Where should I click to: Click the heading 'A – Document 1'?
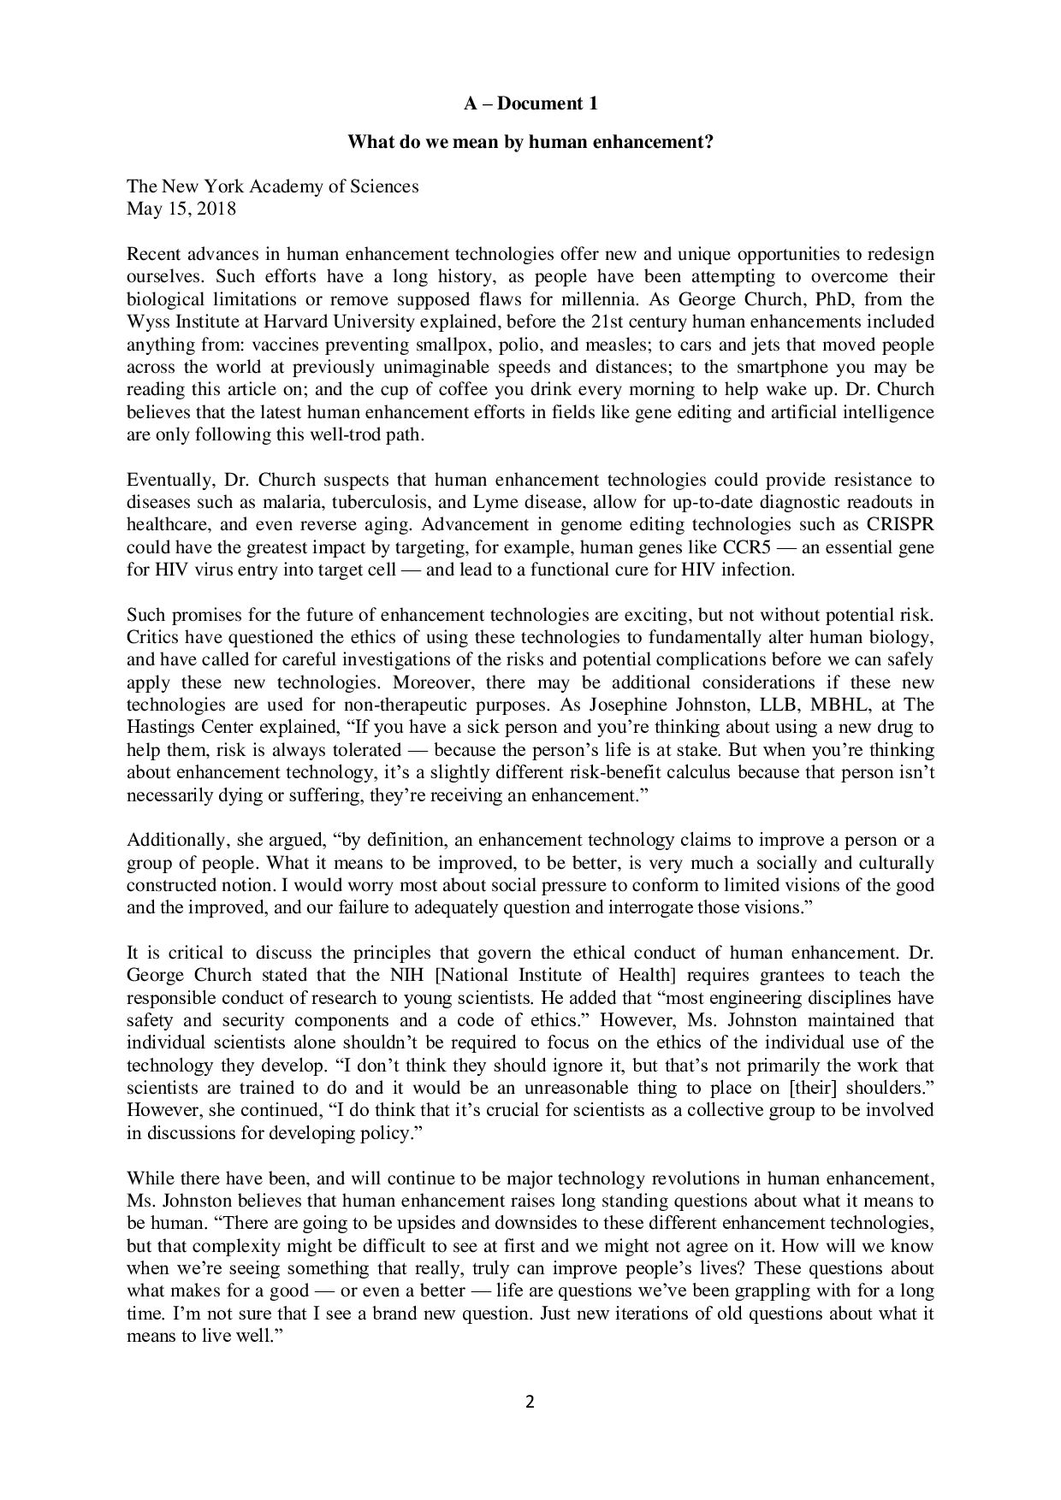(x=530, y=104)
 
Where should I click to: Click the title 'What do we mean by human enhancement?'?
(x=530, y=143)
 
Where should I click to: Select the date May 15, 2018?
(x=181, y=209)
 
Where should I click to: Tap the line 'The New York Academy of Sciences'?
(x=273, y=186)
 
